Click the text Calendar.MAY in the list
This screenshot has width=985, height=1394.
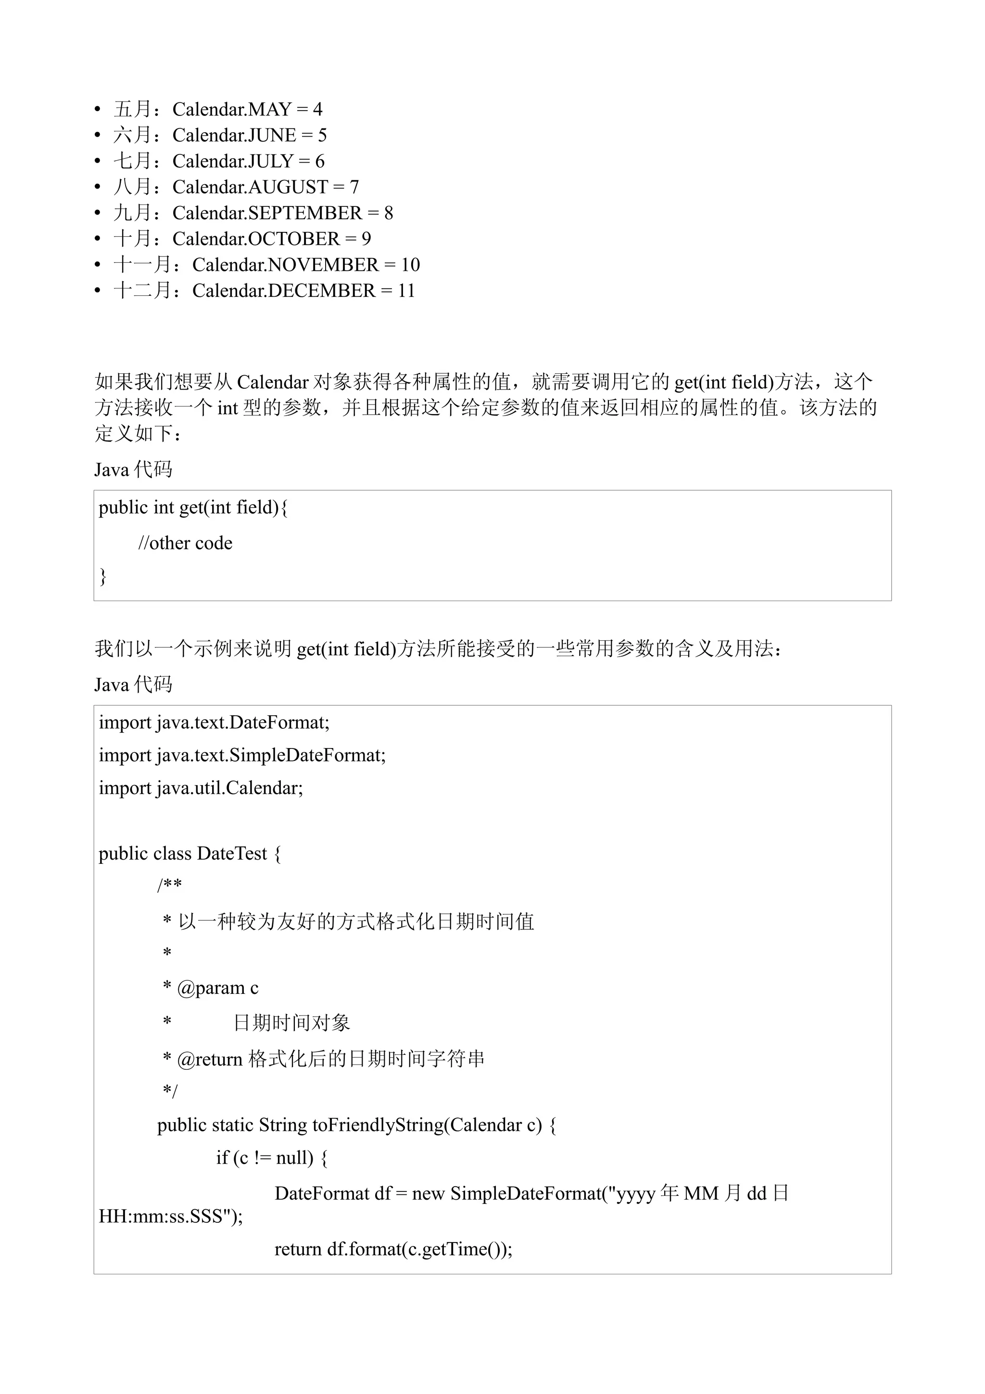232,109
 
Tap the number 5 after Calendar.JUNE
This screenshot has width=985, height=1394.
322,135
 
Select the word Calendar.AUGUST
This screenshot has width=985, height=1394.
250,187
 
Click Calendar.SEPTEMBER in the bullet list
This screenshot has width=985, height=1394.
267,213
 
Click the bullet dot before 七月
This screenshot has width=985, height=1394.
98,162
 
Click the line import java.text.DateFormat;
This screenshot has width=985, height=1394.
214,722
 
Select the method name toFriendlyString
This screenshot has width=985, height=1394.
378,1125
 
